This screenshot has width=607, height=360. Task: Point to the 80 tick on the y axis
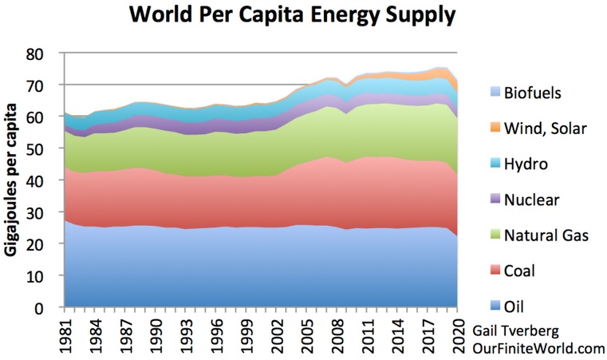[x=48, y=53]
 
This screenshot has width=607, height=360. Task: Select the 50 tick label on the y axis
[x=48, y=148]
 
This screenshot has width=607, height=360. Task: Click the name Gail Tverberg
[x=522, y=331]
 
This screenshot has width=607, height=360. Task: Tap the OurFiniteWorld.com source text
[x=539, y=348]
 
